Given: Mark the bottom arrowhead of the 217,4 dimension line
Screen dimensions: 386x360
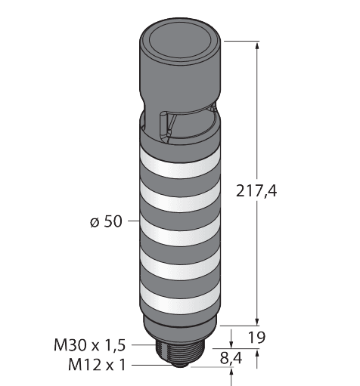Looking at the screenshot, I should (x=259, y=320).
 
